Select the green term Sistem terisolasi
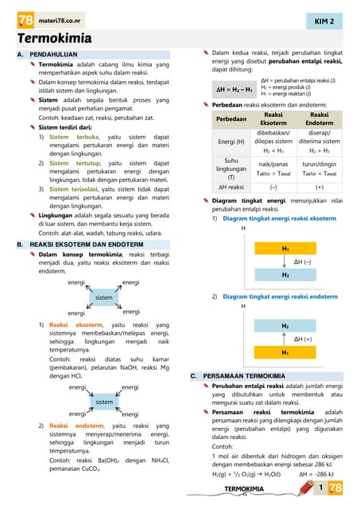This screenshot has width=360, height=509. (76, 189)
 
